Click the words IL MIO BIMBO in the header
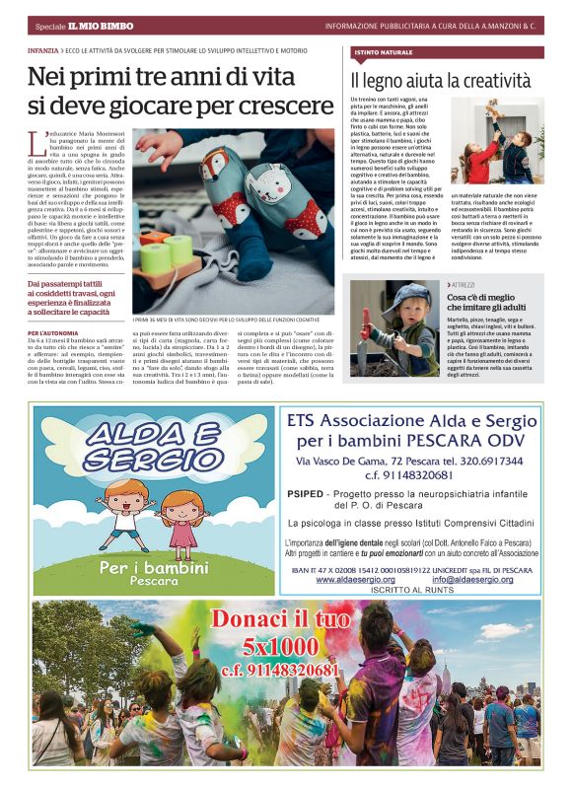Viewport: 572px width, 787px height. click(97, 25)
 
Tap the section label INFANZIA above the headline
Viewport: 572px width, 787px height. click(42, 47)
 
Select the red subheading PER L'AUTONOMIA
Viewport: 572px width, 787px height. click(53, 334)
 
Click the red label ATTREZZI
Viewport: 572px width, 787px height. click(463, 284)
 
